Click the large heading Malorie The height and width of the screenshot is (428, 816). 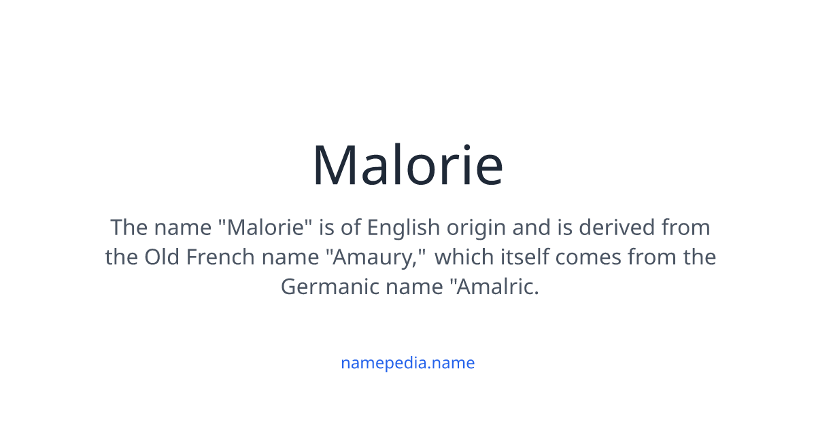407,165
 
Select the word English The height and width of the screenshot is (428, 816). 399,227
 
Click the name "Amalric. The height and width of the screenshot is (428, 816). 492,287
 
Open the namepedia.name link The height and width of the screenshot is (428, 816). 407,363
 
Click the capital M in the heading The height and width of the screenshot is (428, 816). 336,165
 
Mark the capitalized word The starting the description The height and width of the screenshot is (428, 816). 129,227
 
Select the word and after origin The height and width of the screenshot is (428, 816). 530,227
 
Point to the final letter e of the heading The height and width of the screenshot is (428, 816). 488,170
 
